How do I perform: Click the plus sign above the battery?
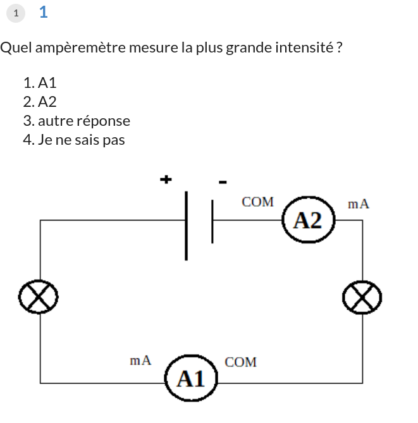click(x=166, y=179)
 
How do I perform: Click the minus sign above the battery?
click(x=223, y=182)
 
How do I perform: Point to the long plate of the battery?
click(x=186, y=226)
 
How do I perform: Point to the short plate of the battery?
click(x=212, y=221)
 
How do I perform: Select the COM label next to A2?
click(x=257, y=202)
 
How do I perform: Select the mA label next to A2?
click(x=359, y=204)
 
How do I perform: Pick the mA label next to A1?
click(x=140, y=360)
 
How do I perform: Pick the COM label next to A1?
click(x=241, y=362)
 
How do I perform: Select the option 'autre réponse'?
click(x=83, y=121)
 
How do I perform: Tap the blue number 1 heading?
click(x=43, y=11)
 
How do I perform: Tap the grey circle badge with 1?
click(x=16, y=13)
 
